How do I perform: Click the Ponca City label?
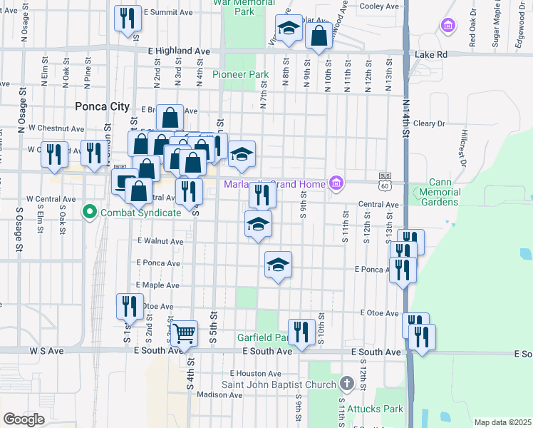coord(102,106)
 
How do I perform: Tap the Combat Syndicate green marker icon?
coord(89,212)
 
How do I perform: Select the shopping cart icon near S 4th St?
coord(184,332)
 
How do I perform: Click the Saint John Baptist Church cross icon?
coord(346,384)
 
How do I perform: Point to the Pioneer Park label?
coord(240,74)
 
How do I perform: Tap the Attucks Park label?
coord(375,409)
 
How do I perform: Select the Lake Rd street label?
coord(431,53)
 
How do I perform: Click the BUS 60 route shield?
coord(385,180)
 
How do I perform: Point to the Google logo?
coord(24,419)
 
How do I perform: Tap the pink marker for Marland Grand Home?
coord(336,184)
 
